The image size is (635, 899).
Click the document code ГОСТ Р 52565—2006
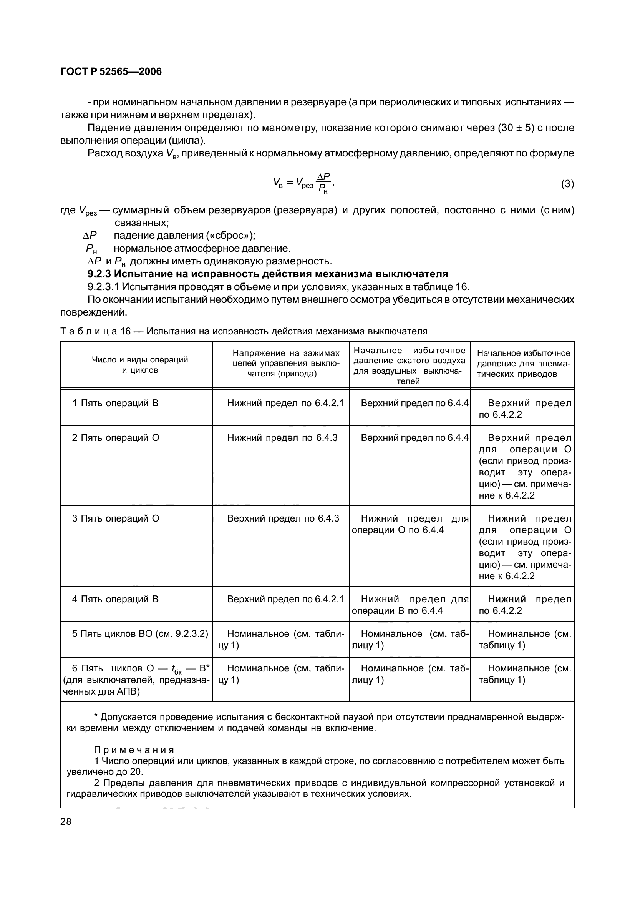111,71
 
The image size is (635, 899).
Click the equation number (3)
567,184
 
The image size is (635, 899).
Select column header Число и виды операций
140,364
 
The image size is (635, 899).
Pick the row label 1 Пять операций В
115,403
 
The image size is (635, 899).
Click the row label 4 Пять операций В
115,599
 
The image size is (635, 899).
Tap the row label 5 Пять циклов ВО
140,633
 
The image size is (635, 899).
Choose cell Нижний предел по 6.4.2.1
285,403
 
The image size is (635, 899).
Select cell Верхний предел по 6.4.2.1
285,599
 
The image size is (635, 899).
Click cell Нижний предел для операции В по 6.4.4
410,605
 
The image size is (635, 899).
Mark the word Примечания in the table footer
134,750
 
